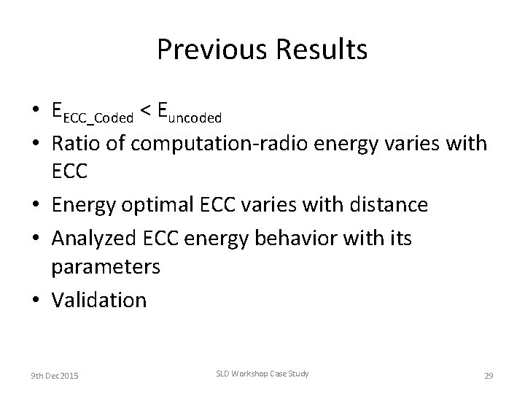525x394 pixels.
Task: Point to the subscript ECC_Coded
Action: pyautogui.click(x=98, y=116)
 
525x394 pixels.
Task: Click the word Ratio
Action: pyautogui.click(x=76, y=143)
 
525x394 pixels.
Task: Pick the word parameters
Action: pyautogui.click(x=105, y=268)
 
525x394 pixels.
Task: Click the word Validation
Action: pyautogui.click(x=98, y=299)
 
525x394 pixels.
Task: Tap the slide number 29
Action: pyautogui.click(x=489, y=375)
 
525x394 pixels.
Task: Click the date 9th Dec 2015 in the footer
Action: pyautogui.click(x=55, y=375)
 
